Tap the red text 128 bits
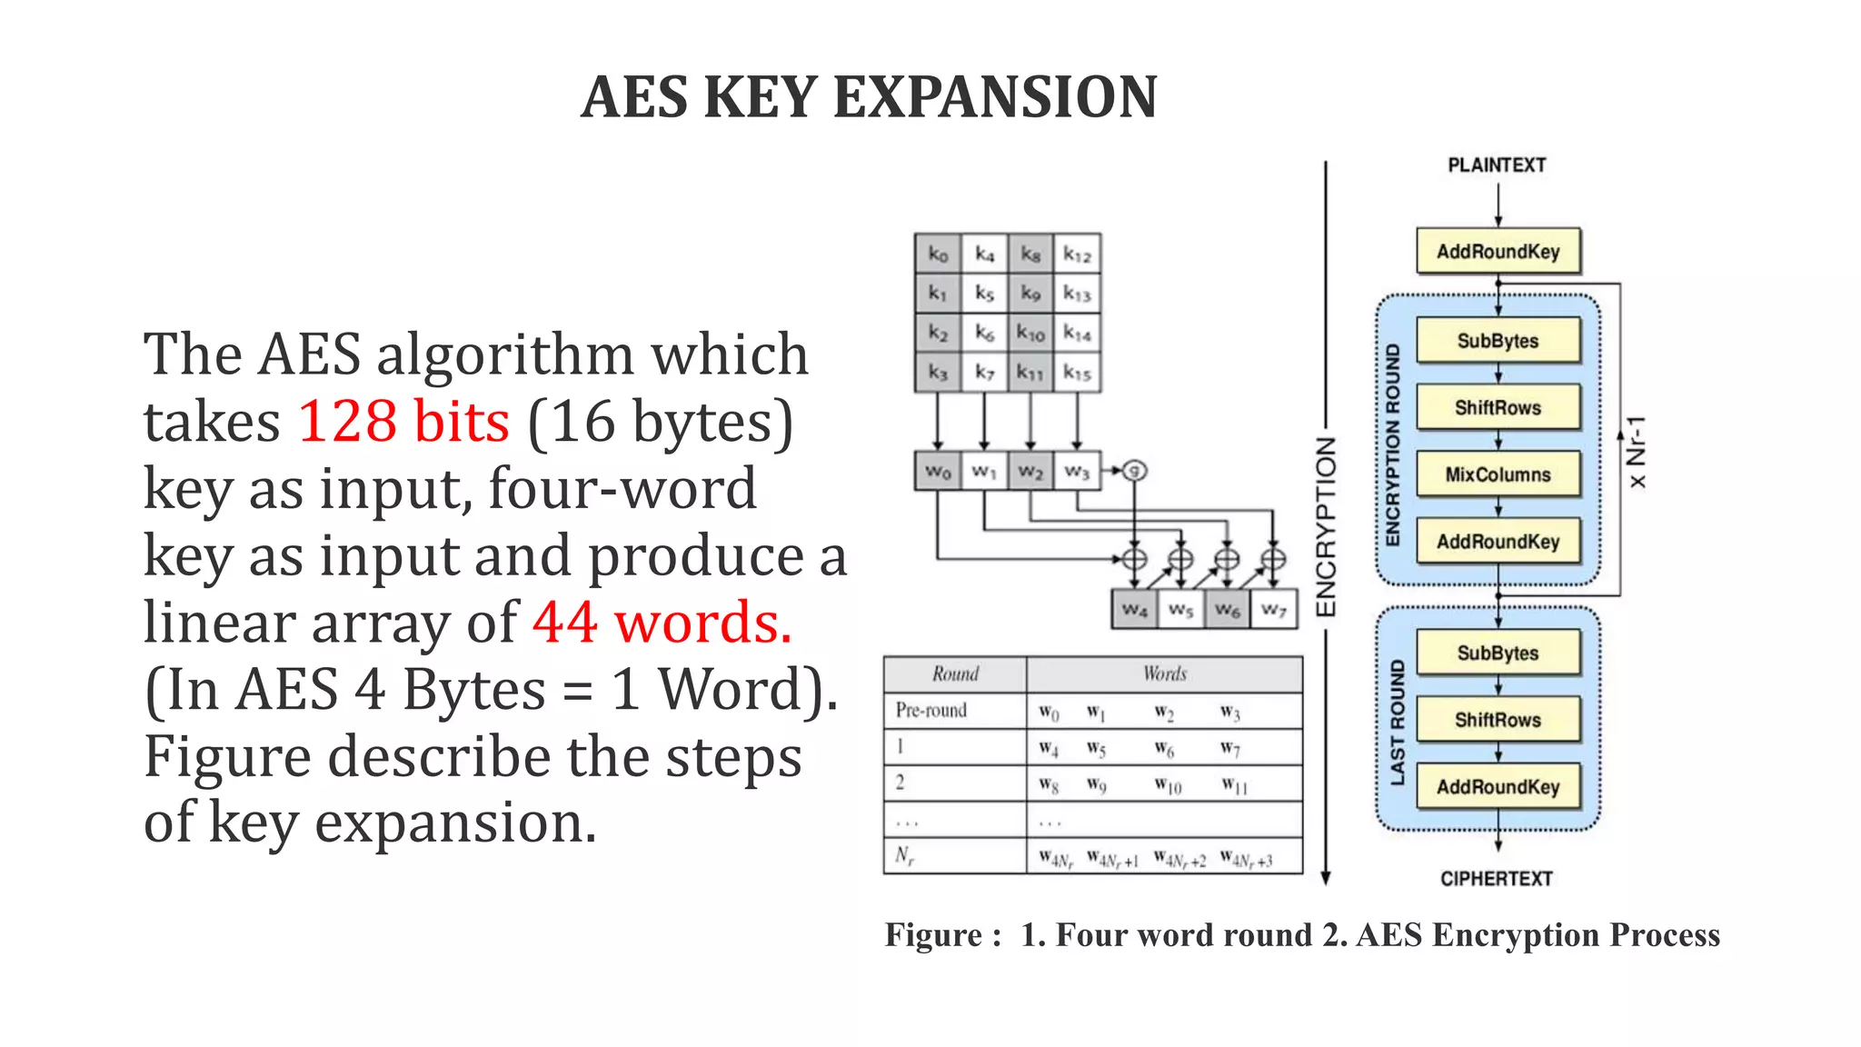[403, 421]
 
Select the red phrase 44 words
[662, 623]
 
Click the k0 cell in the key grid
[938, 254]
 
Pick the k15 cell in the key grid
[1077, 373]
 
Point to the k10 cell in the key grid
[1030, 334]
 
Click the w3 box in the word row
[1077, 471]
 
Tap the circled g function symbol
[1134, 470]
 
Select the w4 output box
[1135, 609]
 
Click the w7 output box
[1274, 609]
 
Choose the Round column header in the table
[955, 674]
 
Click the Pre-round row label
[930, 710]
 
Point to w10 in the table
[1168, 784]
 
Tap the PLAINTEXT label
[1497, 165]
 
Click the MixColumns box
[1498, 474]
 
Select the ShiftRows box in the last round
[1498, 720]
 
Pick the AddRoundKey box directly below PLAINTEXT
[1498, 252]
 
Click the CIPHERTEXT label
[1497, 879]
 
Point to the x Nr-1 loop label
[1637, 452]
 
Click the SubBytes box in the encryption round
[1498, 341]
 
